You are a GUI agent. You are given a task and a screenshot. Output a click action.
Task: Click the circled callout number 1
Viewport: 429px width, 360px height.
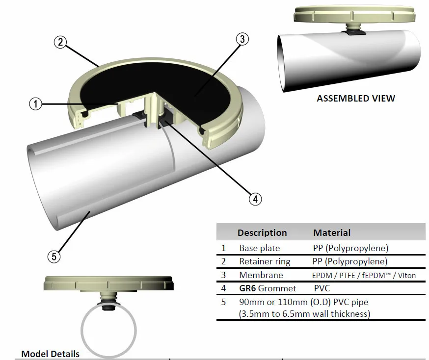click(36, 103)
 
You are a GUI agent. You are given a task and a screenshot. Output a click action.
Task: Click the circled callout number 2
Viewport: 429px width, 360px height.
click(60, 42)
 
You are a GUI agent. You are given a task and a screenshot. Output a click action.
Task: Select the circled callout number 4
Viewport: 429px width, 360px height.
click(254, 199)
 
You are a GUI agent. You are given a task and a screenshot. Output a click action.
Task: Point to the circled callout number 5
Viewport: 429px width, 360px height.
click(54, 256)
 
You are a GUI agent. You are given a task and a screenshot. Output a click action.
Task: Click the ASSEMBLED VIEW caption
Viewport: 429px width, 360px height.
click(355, 98)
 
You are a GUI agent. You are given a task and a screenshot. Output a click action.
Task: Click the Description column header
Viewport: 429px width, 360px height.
click(262, 232)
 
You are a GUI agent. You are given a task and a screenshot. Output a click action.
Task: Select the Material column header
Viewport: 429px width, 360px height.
click(332, 232)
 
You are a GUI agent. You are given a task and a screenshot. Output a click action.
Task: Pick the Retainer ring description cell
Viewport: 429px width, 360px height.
click(265, 261)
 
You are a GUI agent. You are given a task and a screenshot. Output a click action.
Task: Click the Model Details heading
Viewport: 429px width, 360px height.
click(50, 354)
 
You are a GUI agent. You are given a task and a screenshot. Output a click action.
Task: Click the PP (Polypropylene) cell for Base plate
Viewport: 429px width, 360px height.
click(350, 248)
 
